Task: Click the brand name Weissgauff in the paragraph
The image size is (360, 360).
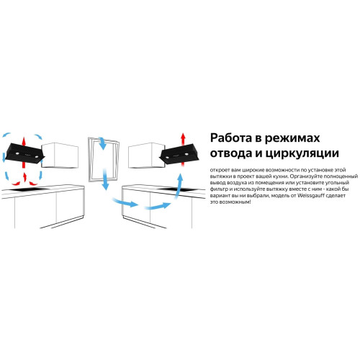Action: (311, 195)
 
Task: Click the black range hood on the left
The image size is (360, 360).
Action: (24, 153)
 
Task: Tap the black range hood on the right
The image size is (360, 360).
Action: (179, 154)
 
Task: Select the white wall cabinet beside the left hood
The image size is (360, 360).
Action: (60, 156)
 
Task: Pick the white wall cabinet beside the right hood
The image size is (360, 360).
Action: (146, 156)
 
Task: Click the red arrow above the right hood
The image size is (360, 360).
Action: (183, 140)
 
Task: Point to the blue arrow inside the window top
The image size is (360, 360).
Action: (102, 143)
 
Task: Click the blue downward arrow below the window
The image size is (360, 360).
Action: (105, 179)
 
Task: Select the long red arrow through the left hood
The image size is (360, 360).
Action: (24, 153)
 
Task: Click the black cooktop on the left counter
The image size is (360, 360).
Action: (29, 189)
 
